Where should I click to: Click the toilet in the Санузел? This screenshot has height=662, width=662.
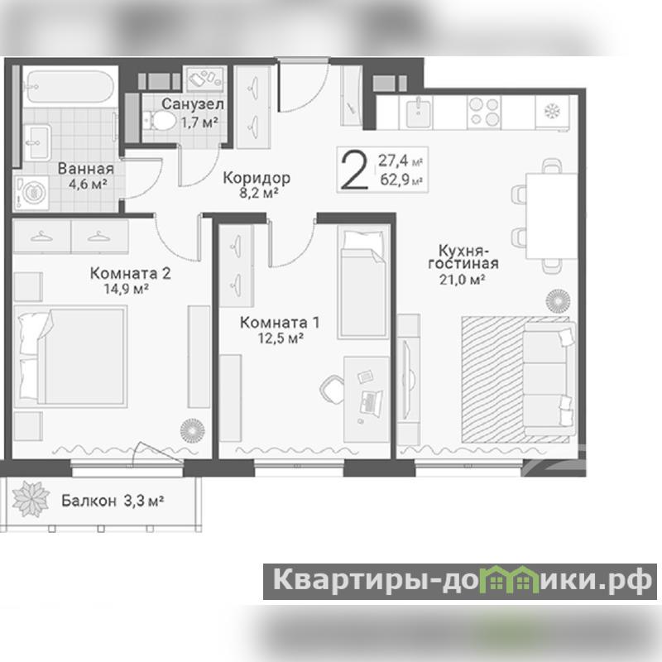tap(160, 120)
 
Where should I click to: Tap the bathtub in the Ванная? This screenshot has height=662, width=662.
tap(70, 87)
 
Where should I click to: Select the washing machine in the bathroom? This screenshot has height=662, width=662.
tap(31, 194)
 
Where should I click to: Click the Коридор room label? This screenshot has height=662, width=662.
tap(257, 178)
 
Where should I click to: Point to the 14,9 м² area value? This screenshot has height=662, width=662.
tap(127, 289)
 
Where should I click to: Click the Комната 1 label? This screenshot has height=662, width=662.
tap(280, 323)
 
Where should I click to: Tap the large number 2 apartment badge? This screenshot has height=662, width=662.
tap(355, 170)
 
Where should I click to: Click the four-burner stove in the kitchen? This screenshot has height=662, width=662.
tap(484, 112)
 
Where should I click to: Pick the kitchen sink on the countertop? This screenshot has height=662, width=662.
tap(418, 112)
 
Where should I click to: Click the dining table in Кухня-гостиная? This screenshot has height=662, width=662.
tap(551, 215)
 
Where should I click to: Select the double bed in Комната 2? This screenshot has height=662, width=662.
tap(70, 357)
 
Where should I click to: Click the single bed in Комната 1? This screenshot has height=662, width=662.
tap(363, 282)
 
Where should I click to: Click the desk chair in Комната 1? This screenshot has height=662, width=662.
tap(333, 388)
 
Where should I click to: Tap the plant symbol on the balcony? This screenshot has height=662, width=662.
tap(31, 500)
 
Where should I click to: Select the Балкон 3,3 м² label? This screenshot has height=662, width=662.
tap(113, 501)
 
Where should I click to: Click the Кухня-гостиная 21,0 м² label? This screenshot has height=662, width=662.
tap(463, 264)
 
